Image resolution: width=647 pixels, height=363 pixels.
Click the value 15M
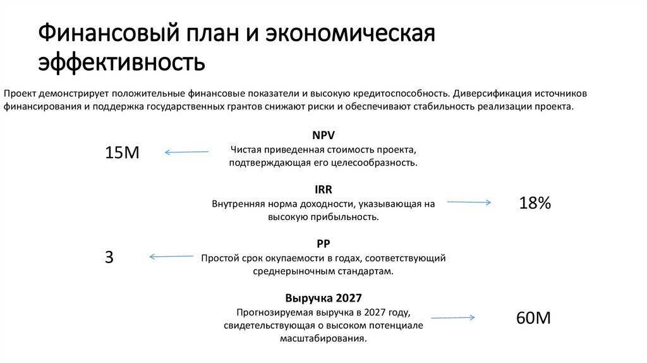pos(121,152)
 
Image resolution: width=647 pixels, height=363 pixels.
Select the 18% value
pos(535,203)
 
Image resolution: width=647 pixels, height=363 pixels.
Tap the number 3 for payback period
pos(109,257)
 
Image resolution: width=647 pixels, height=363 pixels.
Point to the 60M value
pos(533,318)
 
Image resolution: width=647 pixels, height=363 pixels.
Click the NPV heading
pos(323,136)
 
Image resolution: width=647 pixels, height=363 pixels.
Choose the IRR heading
pos(323,190)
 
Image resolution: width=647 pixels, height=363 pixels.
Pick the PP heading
pos(323,243)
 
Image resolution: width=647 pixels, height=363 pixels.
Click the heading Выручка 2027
pos(323,298)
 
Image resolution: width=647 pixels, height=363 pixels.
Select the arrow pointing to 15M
pos(186,152)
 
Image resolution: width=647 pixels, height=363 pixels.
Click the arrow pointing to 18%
pos(469,202)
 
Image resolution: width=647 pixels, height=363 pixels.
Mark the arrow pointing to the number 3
pos(171,256)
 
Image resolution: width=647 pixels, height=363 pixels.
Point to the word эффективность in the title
pos(121,63)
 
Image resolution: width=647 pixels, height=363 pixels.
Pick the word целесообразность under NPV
pos(377,163)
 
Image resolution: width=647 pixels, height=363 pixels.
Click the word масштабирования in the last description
pos(323,338)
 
